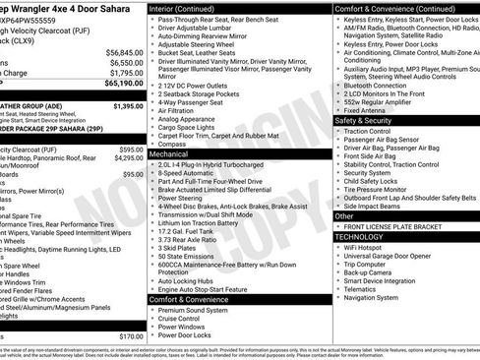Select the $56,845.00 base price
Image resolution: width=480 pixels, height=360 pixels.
click(124, 52)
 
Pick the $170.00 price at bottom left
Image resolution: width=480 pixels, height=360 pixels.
click(131, 336)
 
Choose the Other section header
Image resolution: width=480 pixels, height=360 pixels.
click(344, 215)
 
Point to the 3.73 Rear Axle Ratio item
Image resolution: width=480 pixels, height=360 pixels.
click(192, 239)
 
